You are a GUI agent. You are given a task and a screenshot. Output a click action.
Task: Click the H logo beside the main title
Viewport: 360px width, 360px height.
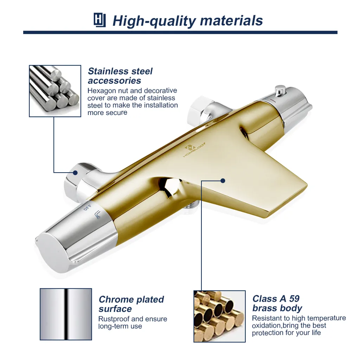pyautogui.click(x=99, y=20)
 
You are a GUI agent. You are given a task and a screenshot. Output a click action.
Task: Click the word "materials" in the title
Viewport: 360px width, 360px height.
pyautogui.click(x=231, y=21)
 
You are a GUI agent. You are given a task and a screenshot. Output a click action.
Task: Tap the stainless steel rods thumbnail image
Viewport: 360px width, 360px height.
pyautogui.click(x=55, y=91)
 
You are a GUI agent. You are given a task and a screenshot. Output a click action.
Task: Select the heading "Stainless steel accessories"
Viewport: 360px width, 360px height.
pyautogui.click(x=120, y=76)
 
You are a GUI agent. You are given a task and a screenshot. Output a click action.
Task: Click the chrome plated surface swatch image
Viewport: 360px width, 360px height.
pyautogui.click(x=66, y=314)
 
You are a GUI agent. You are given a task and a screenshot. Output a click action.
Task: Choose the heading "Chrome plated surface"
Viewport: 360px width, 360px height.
pyautogui.click(x=131, y=304)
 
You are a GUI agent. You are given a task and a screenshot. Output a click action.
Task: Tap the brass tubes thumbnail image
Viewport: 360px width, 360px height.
pyautogui.click(x=219, y=316)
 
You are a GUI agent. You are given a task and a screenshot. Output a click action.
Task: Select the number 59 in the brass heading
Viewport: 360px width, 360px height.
pyautogui.click(x=294, y=299)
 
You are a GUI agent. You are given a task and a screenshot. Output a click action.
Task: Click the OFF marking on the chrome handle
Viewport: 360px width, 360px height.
pyautogui.click(x=88, y=207)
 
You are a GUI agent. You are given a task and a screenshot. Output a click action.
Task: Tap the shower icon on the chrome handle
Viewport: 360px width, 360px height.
pyautogui.click(x=98, y=214)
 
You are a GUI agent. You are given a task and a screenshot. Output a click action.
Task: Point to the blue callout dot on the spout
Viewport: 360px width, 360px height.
pyautogui.click(x=223, y=181)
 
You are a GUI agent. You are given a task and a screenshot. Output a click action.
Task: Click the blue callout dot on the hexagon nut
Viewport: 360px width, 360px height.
pyautogui.click(x=75, y=173)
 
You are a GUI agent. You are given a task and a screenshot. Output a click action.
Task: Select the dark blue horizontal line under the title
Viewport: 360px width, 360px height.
pyautogui.click(x=180, y=33)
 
